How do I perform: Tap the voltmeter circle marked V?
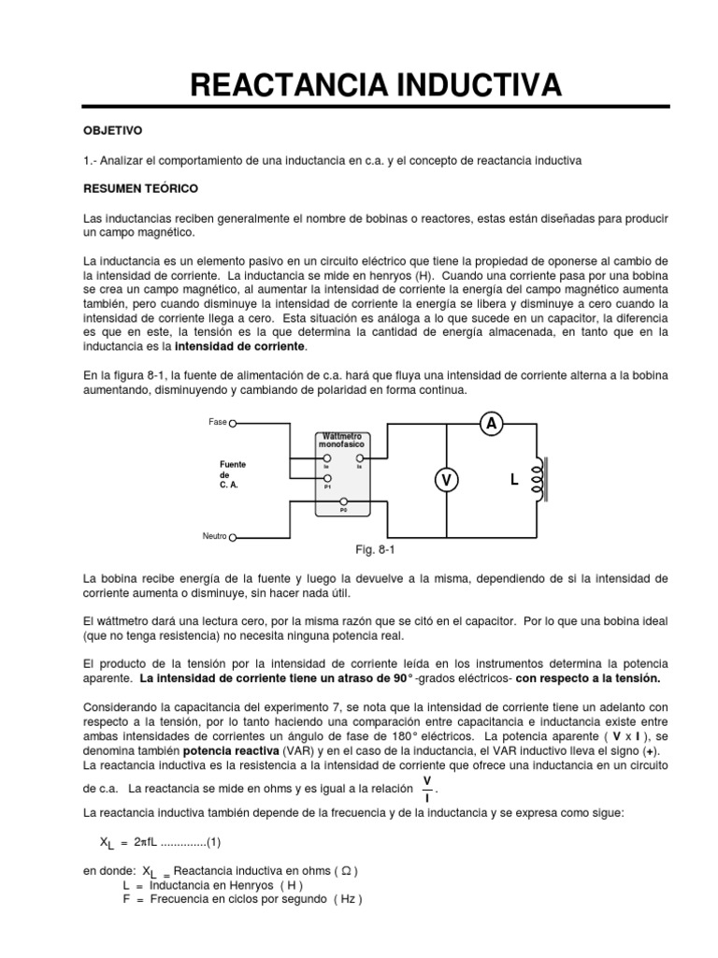(446, 480)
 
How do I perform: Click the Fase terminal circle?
(233, 423)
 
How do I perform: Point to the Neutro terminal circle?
(233, 537)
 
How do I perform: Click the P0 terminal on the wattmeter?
(343, 502)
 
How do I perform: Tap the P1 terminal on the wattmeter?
(327, 479)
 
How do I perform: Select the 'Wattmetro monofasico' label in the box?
(343, 441)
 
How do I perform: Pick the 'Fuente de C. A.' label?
(233, 475)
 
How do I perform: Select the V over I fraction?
(427, 788)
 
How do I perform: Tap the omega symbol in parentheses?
(345, 870)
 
